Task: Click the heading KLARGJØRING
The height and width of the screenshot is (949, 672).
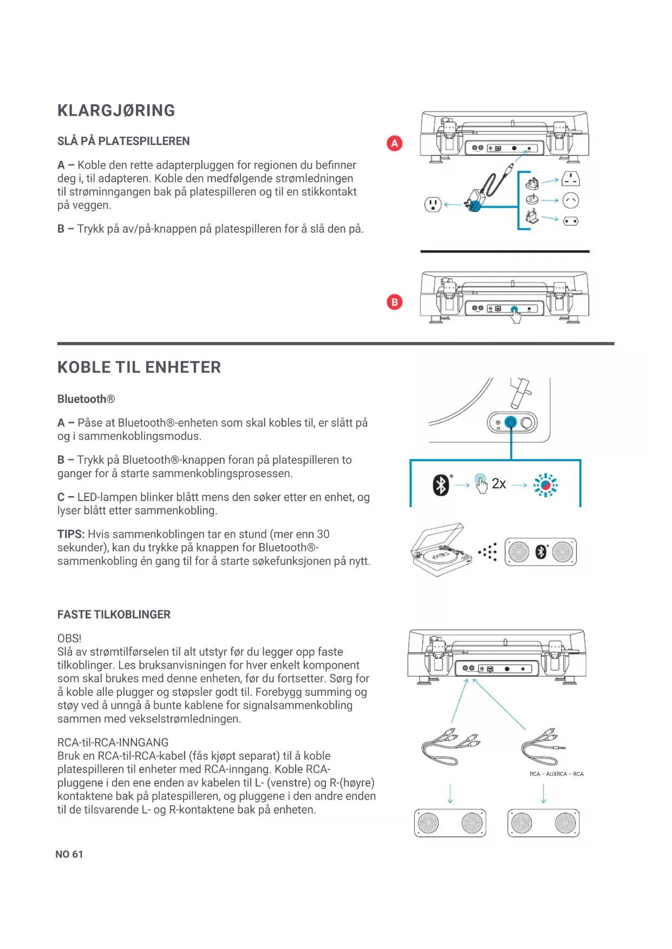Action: click(x=116, y=110)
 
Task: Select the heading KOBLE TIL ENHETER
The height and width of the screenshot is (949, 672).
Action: click(x=139, y=367)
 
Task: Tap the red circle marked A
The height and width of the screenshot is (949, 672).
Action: click(x=394, y=143)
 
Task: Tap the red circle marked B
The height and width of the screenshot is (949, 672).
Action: click(x=394, y=302)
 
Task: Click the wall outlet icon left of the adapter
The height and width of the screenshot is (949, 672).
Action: click(x=432, y=205)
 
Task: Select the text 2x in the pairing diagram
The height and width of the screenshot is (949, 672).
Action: click(x=499, y=484)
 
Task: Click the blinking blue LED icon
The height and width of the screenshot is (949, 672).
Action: click(x=545, y=485)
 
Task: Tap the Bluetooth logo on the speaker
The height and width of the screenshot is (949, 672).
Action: click(x=540, y=552)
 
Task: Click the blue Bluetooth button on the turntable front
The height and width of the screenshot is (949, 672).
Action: click(x=511, y=422)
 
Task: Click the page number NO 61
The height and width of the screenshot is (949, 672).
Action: click(x=69, y=854)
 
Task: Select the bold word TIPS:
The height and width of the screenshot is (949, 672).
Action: click(x=71, y=534)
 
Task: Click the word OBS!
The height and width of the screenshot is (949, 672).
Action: click(x=69, y=638)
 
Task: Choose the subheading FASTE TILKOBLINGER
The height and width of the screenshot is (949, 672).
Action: click(x=114, y=615)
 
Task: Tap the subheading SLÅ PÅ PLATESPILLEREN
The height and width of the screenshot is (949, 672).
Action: click(x=123, y=141)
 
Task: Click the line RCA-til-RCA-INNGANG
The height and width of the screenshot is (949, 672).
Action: click(x=113, y=742)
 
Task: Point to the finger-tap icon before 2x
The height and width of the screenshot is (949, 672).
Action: click(x=481, y=483)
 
